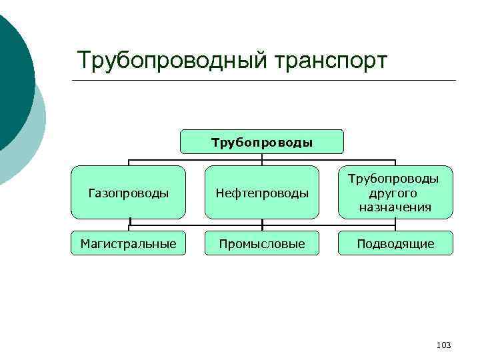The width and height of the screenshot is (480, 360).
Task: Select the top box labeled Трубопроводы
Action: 262,142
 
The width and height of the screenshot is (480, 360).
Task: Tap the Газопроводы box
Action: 129,193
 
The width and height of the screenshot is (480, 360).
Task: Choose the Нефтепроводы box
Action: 262,193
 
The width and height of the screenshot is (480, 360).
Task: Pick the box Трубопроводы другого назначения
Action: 395,193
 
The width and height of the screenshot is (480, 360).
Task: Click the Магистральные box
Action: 129,244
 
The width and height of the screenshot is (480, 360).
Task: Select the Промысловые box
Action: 262,244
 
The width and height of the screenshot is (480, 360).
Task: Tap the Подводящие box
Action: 395,244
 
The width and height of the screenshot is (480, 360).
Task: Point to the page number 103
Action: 443,345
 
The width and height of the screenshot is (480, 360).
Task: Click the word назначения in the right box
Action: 395,207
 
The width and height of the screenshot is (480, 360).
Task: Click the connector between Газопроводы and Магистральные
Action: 129,225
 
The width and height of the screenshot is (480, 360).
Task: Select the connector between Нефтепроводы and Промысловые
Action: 262,225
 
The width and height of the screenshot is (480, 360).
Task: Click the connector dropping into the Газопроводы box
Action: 129,162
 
